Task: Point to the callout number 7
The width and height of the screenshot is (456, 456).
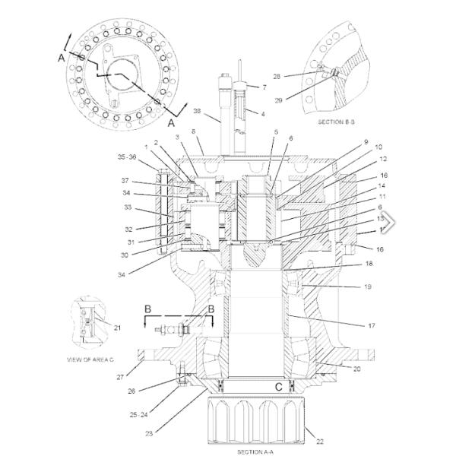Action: pos(264,87)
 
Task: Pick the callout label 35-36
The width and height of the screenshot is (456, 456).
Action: pos(128,157)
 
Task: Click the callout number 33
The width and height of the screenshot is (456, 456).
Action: pos(128,207)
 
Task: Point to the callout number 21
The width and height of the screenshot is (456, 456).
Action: pos(117,328)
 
